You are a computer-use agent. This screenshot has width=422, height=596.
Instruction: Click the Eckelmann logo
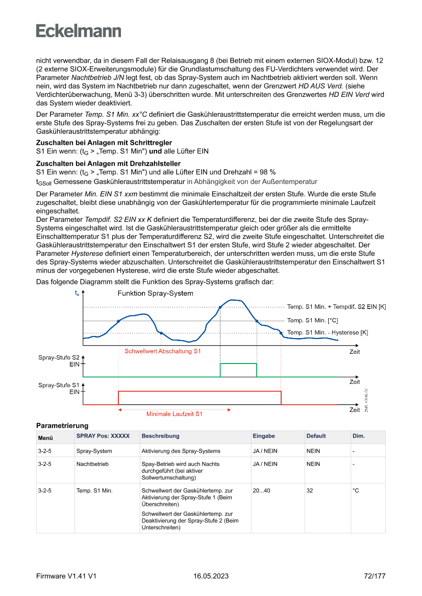click(79, 31)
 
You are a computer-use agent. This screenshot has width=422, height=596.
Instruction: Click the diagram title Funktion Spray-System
click(155, 293)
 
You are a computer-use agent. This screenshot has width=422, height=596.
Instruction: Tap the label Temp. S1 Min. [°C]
click(312, 320)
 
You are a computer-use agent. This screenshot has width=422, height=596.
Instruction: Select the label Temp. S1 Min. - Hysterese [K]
click(327, 332)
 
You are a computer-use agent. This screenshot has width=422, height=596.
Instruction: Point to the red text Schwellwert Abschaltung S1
click(163, 351)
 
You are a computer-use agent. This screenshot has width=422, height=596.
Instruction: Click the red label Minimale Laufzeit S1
click(174, 414)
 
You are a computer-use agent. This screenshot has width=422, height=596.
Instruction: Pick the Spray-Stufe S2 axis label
click(59, 357)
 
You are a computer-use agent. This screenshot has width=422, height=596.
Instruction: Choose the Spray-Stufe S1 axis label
click(59, 385)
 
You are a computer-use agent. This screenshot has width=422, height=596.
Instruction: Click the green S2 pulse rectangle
click(238, 370)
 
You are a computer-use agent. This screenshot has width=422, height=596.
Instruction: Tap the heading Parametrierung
click(62, 425)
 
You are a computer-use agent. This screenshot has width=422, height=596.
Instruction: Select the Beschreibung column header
click(160, 436)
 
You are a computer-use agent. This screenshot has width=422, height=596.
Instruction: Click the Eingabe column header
click(264, 436)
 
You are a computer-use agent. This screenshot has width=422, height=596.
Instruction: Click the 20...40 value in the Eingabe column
click(262, 490)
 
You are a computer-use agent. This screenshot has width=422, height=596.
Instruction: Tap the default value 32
click(310, 490)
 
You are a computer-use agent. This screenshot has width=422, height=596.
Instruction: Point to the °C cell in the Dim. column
click(356, 490)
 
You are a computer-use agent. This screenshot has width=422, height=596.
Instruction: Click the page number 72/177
click(375, 576)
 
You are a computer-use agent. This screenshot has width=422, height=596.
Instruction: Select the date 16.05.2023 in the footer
click(211, 576)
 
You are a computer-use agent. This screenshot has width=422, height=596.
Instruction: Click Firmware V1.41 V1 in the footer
click(66, 576)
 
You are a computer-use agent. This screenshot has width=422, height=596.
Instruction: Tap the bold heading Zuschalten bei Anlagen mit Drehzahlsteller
click(108, 164)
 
